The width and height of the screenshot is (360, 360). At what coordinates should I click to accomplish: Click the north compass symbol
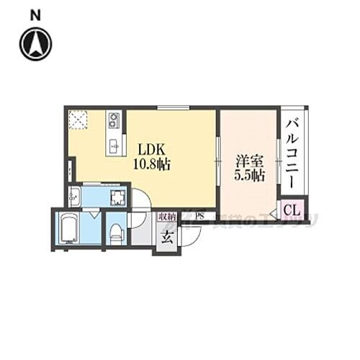36,44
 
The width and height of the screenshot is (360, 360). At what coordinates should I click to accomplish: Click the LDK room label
152,150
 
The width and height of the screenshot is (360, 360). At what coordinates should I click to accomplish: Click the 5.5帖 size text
248,175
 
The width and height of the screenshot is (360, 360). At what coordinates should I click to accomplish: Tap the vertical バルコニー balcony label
292,152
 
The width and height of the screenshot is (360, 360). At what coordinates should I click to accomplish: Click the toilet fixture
115,231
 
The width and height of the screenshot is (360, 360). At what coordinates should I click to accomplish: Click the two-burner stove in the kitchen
113,120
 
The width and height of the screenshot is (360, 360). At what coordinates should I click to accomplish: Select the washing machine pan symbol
115,196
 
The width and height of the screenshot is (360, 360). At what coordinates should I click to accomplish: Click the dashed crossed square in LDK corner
77,120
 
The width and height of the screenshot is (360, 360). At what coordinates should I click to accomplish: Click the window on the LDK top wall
168,108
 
